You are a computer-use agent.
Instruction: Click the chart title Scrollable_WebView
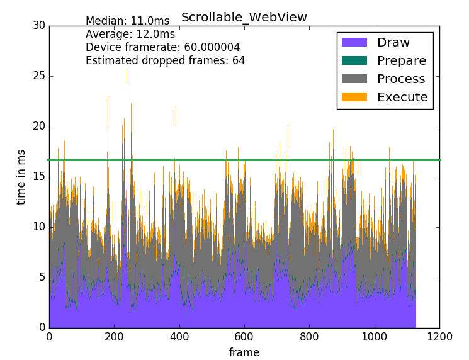(x=244, y=18)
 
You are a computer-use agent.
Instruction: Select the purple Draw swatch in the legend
(x=354, y=43)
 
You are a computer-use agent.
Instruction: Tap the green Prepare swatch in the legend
(x=354, y=61)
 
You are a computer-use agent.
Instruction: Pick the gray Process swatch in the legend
(x=354, y=79)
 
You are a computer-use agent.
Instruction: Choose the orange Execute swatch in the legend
(x=354, y=98)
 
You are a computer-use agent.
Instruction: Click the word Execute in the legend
(x=402, y=98)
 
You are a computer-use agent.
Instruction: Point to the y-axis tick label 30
(x=38, y=26)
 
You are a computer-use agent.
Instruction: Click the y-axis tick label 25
(x=38, y=76)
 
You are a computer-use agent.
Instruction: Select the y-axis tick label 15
(x=38, y=177)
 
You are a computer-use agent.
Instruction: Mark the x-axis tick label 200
(x=115, y=337)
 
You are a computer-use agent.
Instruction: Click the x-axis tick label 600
(x=244, y=337)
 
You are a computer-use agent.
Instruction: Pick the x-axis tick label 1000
(x=375, y=337)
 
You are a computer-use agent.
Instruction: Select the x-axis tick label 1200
(x=439, y=337)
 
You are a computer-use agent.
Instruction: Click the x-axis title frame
(x=244, y=352)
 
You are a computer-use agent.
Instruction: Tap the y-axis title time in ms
(x=21, y=177)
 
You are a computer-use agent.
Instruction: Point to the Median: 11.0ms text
(x=127, y=21)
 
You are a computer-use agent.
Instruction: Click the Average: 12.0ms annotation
(x=130, y=35)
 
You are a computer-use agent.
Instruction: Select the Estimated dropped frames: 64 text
(x=165, y=61)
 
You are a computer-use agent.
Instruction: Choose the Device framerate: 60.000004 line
(x=162, y=48)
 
